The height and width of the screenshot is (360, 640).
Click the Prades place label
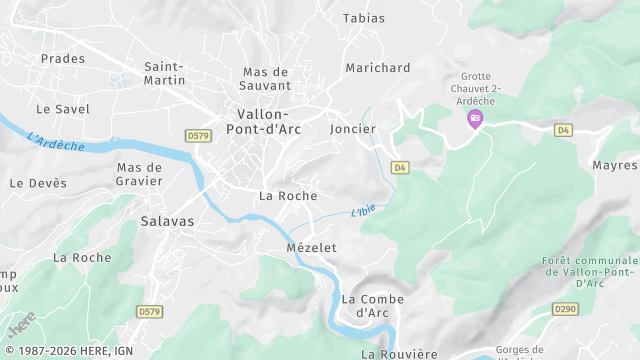tap(62, 59)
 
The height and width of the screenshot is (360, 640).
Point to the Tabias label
tap(363, 18)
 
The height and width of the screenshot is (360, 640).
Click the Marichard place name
tap(377, 68)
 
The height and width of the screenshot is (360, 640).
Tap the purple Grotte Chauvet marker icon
tap(476, 119)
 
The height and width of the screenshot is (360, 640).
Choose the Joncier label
tap(352, 129)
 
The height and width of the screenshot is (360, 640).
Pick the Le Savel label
tap(62, 109)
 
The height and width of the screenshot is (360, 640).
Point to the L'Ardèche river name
tap(56, 144)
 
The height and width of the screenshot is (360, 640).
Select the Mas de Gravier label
tap(139, 174)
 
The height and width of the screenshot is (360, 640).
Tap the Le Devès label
tap(38, 183)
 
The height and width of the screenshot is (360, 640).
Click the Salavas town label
tap(167, 220)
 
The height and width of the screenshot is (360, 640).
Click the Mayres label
tap(614, 165)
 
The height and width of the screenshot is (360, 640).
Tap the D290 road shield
tap(567, 308)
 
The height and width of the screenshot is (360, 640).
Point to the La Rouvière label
tap(399, 354)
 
